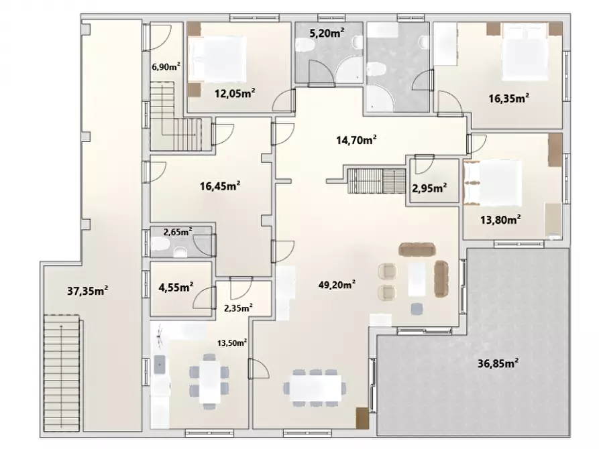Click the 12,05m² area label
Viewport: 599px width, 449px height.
[x=235, y=92]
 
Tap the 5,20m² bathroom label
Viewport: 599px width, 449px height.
[x=326, y=34]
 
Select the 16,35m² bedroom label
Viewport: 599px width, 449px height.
[x=509, y=99]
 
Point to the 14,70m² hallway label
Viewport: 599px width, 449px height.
[x=356, y=140]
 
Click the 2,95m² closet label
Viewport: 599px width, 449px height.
[x=429, y=188]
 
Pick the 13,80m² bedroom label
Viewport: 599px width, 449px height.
[x=500, y=220]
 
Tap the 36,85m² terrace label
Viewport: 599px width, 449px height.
[x=498, y=363]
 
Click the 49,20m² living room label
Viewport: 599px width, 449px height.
[x=337, y=284]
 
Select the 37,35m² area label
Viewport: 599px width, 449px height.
[x=87, y=291]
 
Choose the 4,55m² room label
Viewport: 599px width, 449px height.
[x=176, y=287]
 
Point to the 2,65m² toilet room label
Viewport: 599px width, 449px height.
[x=178, y=231]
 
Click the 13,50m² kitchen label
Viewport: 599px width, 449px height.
[x=232, y=342]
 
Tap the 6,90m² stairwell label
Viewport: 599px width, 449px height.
[x=166, y=67]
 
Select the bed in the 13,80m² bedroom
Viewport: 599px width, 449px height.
[x=492, y=183]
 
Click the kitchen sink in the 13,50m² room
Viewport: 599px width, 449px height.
[x=160, y=365]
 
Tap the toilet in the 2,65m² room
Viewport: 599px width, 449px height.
[x=180, y=252]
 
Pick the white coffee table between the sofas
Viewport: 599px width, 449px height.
[x=417, y=279]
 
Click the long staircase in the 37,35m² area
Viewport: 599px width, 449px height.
[x=61, y=373]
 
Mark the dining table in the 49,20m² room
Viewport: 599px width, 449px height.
[x=315, y=387]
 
